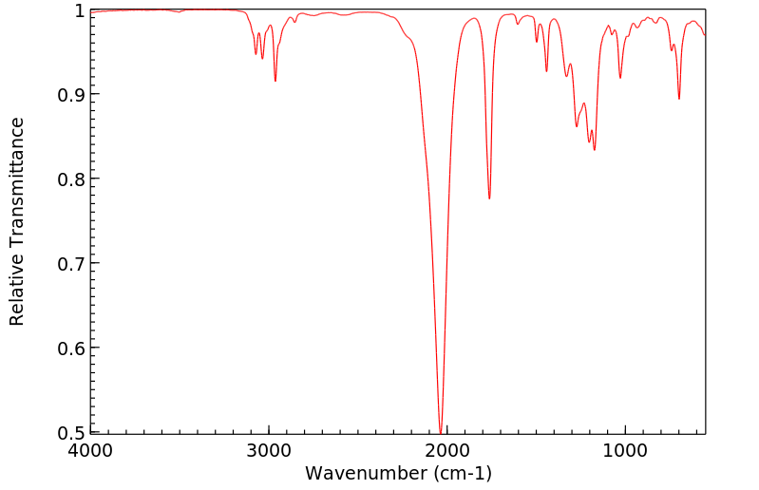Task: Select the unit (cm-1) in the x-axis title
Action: (461, 473)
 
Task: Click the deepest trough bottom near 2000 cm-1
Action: (441, 431)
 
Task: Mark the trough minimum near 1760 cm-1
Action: (489, 198)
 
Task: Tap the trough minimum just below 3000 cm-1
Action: (275, 81)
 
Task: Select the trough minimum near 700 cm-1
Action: (679, 98)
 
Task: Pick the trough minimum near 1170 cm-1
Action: (595, 149)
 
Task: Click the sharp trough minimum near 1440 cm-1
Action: (546, 71)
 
